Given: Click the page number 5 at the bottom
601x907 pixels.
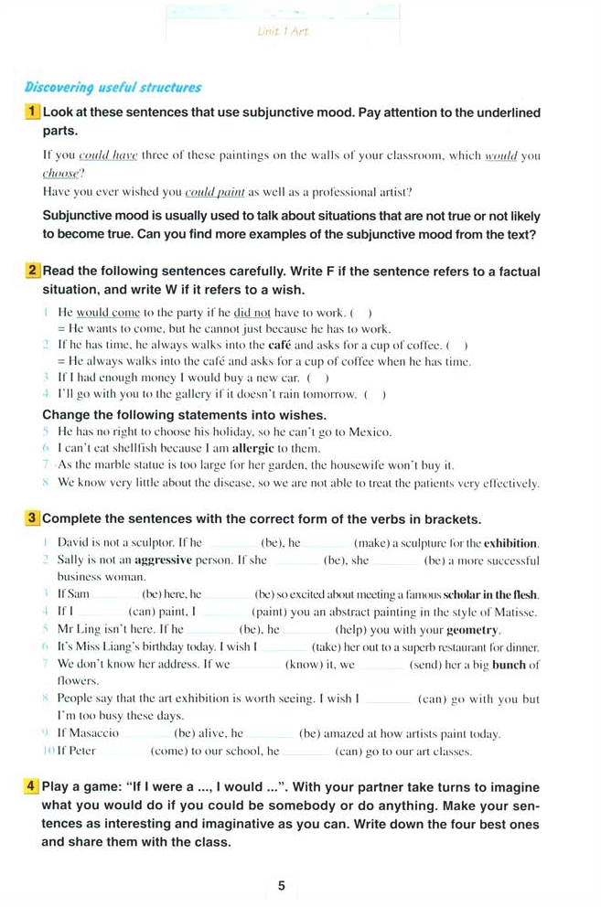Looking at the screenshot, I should coord(282,885).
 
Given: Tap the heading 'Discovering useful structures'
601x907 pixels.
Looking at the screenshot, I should coord(113,88).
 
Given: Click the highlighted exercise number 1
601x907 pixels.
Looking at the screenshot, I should coord(33,112).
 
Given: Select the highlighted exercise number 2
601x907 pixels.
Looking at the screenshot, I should coord(33,272).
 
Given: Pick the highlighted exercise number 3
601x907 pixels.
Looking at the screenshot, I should coord(33,519).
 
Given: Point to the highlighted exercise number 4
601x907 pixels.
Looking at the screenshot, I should coord(33,786).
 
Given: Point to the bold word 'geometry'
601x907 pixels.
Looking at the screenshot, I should coord(473,630).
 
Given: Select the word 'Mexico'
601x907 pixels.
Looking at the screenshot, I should coord(368,431).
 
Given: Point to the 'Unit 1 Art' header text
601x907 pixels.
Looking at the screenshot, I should coord(283,32).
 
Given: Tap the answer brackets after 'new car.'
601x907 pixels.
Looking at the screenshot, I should coord(317,379).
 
